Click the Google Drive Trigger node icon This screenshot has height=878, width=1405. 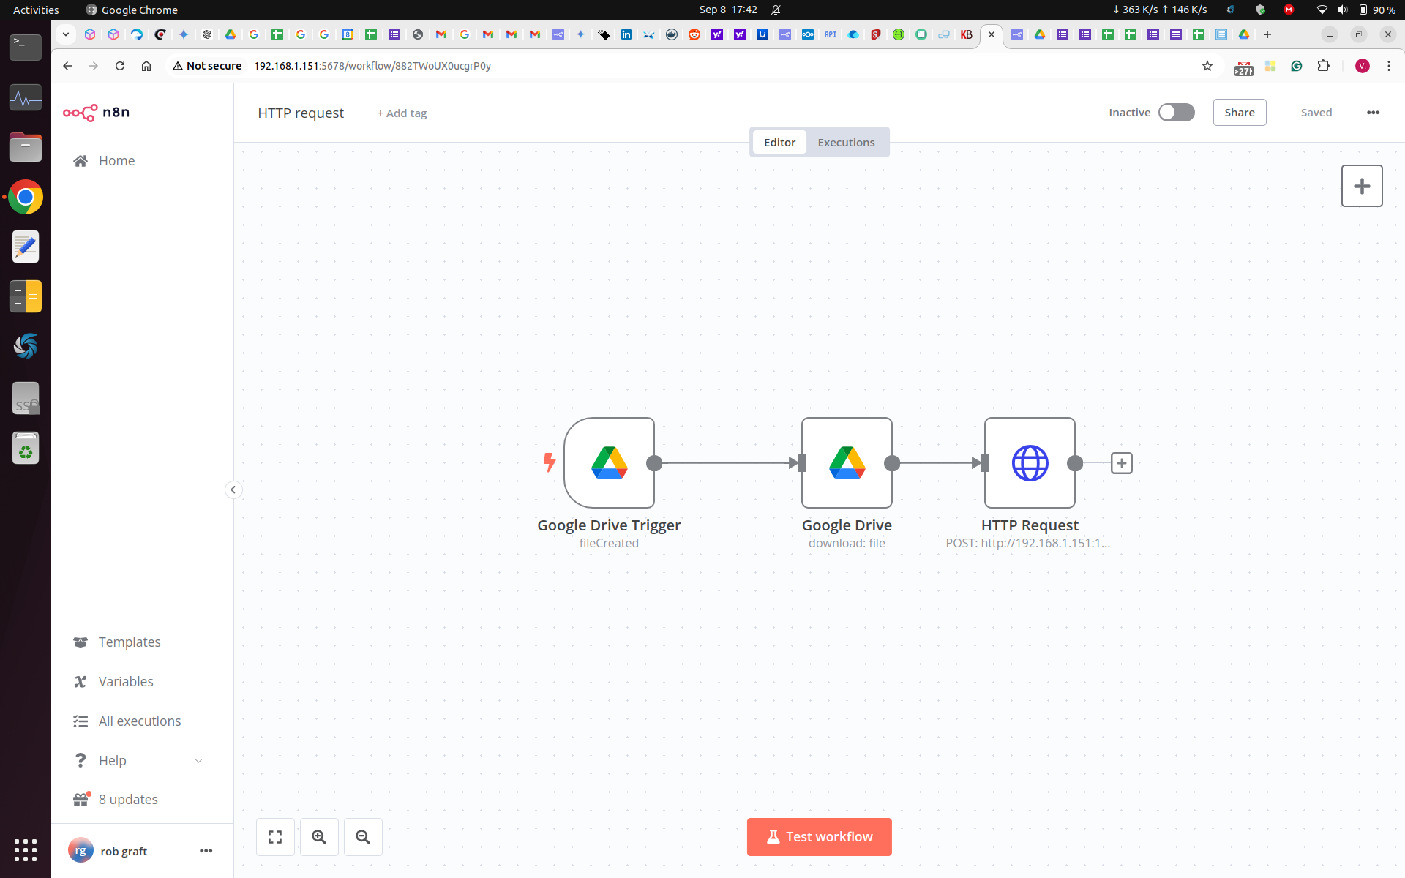click(609, 462)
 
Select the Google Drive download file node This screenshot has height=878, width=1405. click(847, 462)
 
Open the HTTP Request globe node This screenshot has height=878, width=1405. click(1030, 462)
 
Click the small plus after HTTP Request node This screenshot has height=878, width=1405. click(1122, 463)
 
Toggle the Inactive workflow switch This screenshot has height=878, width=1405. click(1176, 112)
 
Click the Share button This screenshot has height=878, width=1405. click(1240, 113)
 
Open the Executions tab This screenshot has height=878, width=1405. click(846, 142)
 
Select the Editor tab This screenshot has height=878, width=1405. click(779, 142)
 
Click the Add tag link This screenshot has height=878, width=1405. click(402, 113)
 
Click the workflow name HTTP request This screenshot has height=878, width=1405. click(301, 113)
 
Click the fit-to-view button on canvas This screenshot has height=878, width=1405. click(275, 837)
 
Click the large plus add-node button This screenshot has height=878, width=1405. click(1362, 186)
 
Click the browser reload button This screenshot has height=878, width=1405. click(120, 66)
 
